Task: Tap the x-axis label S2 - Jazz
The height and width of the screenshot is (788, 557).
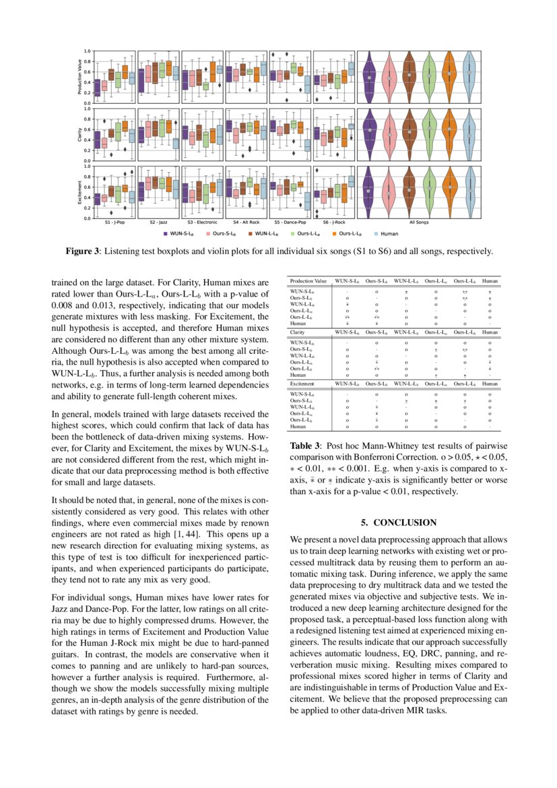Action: pyautogui.click(x=158, y=222)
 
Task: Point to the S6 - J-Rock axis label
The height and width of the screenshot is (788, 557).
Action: pyautogui.click(x=334, y=222)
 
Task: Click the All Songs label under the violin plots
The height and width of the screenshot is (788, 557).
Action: pyautogui.click(x=420, y=222)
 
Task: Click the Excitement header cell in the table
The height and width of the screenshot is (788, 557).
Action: pyautogui.click(x=304, y=383)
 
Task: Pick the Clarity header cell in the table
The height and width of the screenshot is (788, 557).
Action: pyautogui.click(x=298, y=332)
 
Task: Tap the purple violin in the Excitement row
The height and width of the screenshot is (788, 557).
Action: pyautogui.click(x=368, y=191)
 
